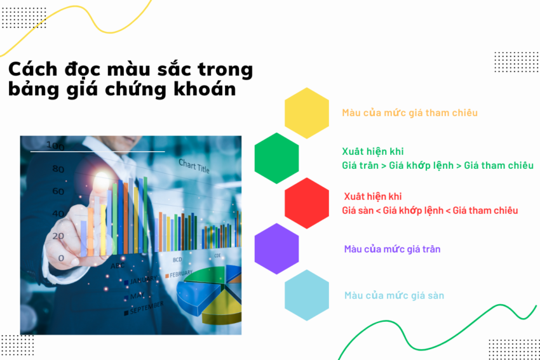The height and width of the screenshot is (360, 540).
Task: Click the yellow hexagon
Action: pos(307,112)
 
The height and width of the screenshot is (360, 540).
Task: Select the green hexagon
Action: pos(277,158)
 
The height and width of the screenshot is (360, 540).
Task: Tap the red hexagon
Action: pos(307,203)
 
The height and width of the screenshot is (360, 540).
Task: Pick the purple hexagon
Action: pos(277,249)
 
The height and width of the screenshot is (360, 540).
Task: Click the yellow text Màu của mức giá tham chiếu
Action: pos(410,113)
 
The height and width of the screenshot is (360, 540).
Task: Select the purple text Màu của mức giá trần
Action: pos(392,249)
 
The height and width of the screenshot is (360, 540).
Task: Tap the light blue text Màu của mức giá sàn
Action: pos(394,295)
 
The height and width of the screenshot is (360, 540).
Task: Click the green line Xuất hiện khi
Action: pos(373,152)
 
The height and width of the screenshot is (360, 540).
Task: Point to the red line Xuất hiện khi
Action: pos(373,197)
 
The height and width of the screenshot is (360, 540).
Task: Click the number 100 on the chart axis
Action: pos(55,147)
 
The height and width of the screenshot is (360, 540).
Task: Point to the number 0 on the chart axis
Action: pos(61,258)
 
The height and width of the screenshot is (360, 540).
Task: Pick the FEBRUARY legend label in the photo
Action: pos(181,274)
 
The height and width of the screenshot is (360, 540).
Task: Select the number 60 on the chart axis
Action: pos(58,191)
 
